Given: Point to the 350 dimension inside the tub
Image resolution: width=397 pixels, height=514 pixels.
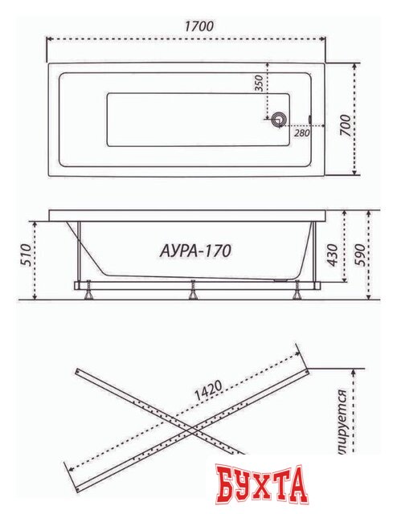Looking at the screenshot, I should [x=259, y=87].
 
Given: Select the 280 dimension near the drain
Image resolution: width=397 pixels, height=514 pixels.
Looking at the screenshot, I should [x=301, y=133].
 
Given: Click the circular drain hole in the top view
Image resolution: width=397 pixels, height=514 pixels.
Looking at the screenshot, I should [x=279, y=120].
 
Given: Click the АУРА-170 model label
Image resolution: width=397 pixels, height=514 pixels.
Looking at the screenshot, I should [x=190, y=251].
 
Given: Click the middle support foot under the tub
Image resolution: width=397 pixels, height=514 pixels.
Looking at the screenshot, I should [x=192, y=292].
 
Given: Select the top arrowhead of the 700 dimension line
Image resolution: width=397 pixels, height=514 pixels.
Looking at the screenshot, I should [x=356, y=63].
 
